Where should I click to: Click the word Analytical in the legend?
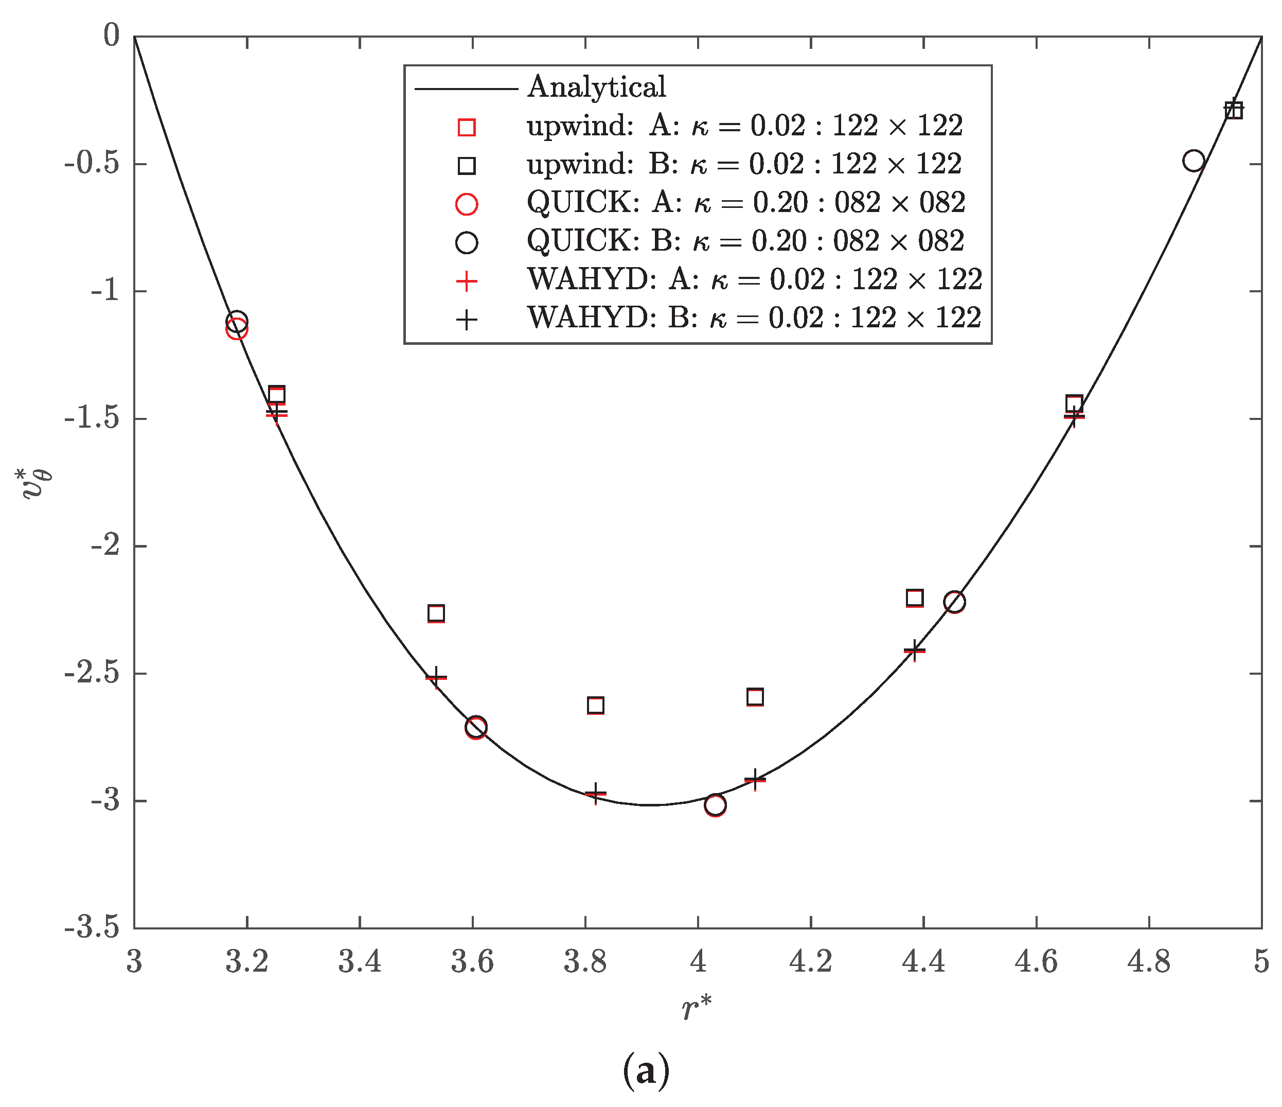(x=596, y=86)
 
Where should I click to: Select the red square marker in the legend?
(x=467, y=127)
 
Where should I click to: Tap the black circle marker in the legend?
(x=467, y=242)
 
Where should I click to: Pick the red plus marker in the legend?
(x=467, y=281)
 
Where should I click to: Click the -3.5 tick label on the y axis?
(x=92, y=928)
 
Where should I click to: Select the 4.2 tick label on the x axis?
(x=811, y=962)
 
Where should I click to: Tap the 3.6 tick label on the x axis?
(x=473, y=962)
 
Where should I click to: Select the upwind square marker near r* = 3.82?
(x=595, y=705)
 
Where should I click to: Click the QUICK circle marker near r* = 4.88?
(x=1194, y=161)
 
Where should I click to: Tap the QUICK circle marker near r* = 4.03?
(x=715, y=805)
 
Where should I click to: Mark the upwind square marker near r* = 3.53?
(x=436, y=613)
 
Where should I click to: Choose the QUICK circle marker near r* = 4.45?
(x=955, y=602)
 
